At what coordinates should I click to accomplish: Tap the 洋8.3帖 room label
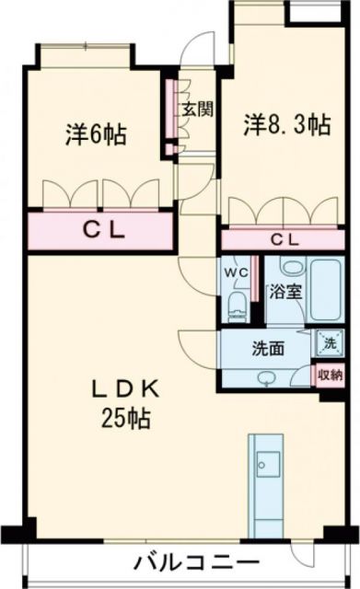pyautogui.click(x=287, y=124)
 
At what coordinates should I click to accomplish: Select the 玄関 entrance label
pyautogui.click(x=196, y=109)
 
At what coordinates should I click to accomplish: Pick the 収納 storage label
pyautogui.click(x=330, y=374)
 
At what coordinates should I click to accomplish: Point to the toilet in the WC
pyautogui.click(x=236, y=305)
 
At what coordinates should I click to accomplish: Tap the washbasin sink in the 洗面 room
pyautogui.click(x=267, y=377)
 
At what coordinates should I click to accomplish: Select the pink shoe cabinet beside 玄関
pyautogui.click(x=171, y=118)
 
